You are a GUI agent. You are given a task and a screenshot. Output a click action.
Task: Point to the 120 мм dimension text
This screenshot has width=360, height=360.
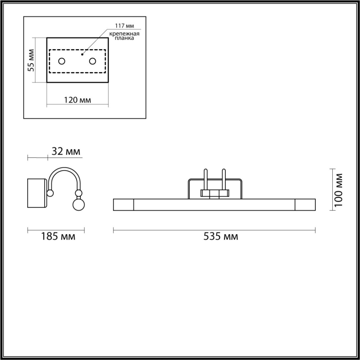pyautogui.click(x=77, y=100)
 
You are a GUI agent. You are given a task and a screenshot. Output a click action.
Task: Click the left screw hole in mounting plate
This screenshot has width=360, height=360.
pyautogui.click(x=62, y=61)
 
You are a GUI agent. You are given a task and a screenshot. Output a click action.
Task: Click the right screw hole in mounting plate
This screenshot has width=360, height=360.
pyautogui.click(x=92, y=61)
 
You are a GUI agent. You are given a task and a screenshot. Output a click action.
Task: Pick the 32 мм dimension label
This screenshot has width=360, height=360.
pyautogui.click(x=66, y=151)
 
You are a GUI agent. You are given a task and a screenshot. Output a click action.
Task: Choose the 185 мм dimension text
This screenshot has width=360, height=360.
pyautogui.click(x=58, y=236)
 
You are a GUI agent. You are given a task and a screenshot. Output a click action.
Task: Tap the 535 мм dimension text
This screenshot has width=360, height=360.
pyautogui.click(x=221, y=236)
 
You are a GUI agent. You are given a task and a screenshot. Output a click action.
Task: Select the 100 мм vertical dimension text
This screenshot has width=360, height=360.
pyautogui.click(x=338, y=190)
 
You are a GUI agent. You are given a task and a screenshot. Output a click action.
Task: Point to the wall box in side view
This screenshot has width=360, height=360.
pyautogui.click(x=37, y=193)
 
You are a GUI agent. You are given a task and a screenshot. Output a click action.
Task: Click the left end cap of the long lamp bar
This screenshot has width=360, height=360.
pyautogui.click(x=123, y=204)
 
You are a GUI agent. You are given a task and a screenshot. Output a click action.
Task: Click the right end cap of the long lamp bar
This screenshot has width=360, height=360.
pyautogui.click(x=305, y=204)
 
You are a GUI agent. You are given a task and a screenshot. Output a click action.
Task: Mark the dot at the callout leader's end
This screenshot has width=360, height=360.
pyautogui.click(x=82, y=55)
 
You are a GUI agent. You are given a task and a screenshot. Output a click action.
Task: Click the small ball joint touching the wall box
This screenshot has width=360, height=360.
pyautogui.click(x=50, y=193)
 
